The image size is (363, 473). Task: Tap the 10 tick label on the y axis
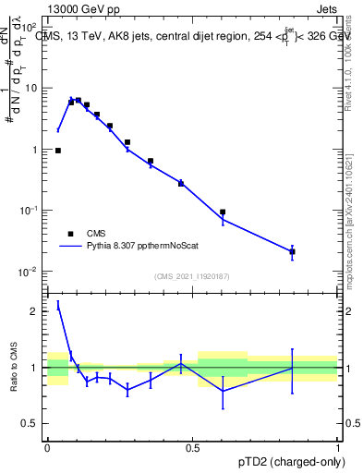click(32, 89)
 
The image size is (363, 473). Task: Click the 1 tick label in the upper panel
click(36, 150)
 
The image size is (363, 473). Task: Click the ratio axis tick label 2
click(37, 311)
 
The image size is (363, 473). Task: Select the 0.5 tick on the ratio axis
click(33, 424)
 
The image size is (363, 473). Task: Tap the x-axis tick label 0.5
click(192, 448)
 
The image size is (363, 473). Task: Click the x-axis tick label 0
click(47, 448)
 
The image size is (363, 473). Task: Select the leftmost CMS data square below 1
click(58, 150)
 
